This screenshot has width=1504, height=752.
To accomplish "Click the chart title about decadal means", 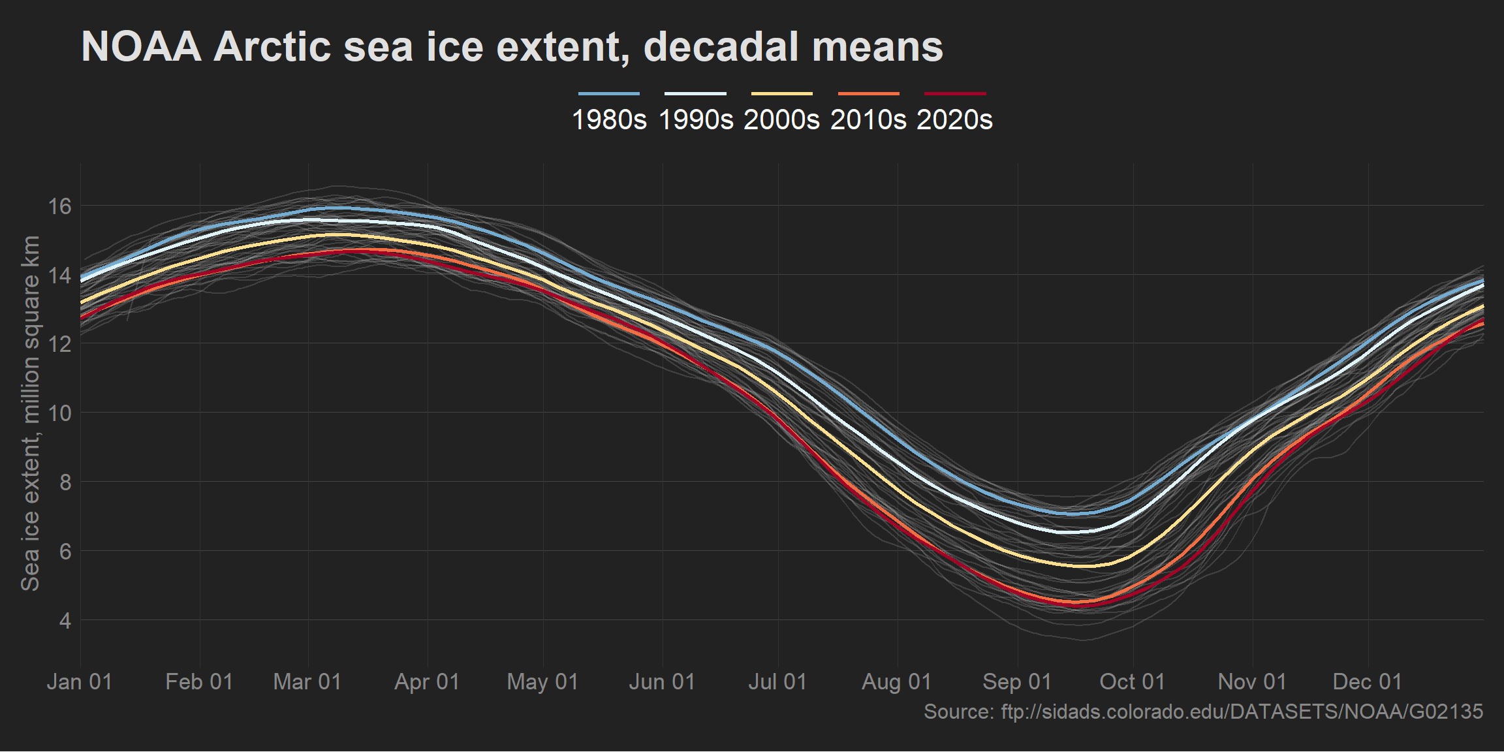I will [512, 47].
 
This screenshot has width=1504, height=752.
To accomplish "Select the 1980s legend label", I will [609, 120].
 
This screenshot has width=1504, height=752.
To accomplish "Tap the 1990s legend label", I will [696, 120].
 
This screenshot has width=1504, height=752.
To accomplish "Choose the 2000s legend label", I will [781, 120].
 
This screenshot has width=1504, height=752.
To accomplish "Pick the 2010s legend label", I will [868, 120].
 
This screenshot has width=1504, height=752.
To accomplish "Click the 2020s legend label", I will [954, 120].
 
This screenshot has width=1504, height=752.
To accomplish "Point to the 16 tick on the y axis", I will [60, 206].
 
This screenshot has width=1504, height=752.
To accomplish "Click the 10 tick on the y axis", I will [60, 413].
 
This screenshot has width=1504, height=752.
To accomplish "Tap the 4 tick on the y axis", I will [65, 620].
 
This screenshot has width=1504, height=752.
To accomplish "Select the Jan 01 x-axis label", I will [80, 682].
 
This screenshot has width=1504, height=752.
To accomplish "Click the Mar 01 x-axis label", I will [307, 682].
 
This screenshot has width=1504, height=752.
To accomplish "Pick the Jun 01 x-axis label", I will [662, 682].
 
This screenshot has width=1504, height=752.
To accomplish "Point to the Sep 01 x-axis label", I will [1017, 682].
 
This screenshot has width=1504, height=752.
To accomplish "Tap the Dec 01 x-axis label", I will [1368, 682].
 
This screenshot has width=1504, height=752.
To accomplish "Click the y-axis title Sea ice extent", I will [31, 413].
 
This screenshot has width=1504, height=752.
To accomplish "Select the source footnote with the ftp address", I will [1203, 712].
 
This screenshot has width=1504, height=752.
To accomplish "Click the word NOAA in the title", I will [141, 47].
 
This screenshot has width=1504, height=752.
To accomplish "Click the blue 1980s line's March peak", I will [336, 208].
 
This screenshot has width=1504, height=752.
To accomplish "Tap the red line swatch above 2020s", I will [955, 94].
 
